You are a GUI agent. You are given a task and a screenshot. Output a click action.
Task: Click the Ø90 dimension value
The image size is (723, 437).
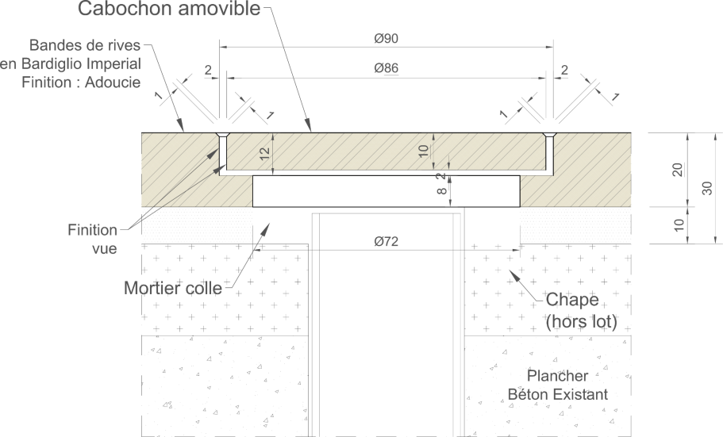pos(386,38)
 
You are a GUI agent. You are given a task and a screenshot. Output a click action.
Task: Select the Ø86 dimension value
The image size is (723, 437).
pos(386,68)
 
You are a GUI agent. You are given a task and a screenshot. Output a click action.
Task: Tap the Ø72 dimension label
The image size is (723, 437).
pos(386,241)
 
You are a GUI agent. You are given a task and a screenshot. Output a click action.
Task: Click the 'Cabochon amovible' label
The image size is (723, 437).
pos(169,8)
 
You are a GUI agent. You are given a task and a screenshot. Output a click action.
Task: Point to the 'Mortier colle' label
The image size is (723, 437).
pos(173,288)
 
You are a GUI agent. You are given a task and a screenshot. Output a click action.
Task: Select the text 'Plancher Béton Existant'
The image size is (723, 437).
pos(557,385)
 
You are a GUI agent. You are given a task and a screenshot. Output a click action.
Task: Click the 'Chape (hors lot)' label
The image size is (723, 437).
pos(581,310)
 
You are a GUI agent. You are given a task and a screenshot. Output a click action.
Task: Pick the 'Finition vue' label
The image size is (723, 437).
pos(93,239)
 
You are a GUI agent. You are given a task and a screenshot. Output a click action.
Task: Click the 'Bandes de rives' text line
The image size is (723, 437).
pos(85,45)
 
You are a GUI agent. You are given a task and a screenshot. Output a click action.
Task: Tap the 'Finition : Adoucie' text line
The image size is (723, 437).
pos(81,82)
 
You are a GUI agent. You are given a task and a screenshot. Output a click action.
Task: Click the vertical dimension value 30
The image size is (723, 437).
pos(707,188)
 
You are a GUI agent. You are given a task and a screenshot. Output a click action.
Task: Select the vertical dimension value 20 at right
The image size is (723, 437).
pos(677,170)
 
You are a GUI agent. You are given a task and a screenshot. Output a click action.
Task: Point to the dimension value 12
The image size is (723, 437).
pos(264,154)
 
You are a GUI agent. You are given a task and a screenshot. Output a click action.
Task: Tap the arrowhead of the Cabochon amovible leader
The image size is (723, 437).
pos(309,125)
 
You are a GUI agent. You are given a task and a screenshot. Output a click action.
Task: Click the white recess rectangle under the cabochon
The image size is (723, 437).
pos(386,191)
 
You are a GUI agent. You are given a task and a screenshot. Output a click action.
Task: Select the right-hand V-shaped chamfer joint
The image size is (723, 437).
pos(548,135)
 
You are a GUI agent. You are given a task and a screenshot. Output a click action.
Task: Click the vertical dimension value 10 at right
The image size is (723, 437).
pos(679,225)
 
